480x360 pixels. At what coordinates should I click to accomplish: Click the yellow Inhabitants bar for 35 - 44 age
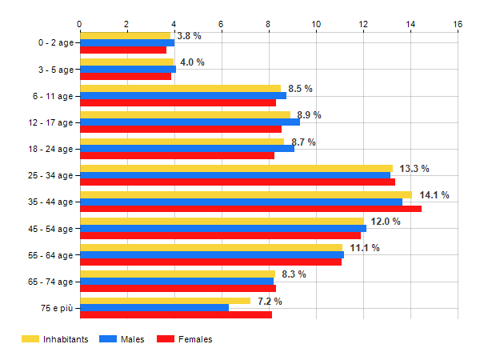[246, 194]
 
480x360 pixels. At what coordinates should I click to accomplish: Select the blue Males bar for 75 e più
[154, 308]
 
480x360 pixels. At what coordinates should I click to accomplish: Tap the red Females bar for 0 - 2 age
[123, 50]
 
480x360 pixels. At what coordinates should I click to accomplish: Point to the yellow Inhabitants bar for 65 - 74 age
[178, 274]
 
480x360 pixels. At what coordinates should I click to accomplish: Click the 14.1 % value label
[434, 195]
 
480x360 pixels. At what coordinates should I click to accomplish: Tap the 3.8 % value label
[189, 36]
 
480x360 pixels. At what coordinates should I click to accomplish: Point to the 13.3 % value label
[414, 169]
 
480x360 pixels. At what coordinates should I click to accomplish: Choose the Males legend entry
[123, 340]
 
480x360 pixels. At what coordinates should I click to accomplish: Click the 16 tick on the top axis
[458, 24]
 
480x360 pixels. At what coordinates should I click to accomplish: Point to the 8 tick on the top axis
[269, 24]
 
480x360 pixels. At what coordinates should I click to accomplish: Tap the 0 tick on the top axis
[79, 24]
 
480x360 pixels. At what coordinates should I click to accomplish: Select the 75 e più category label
[55, 308]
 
